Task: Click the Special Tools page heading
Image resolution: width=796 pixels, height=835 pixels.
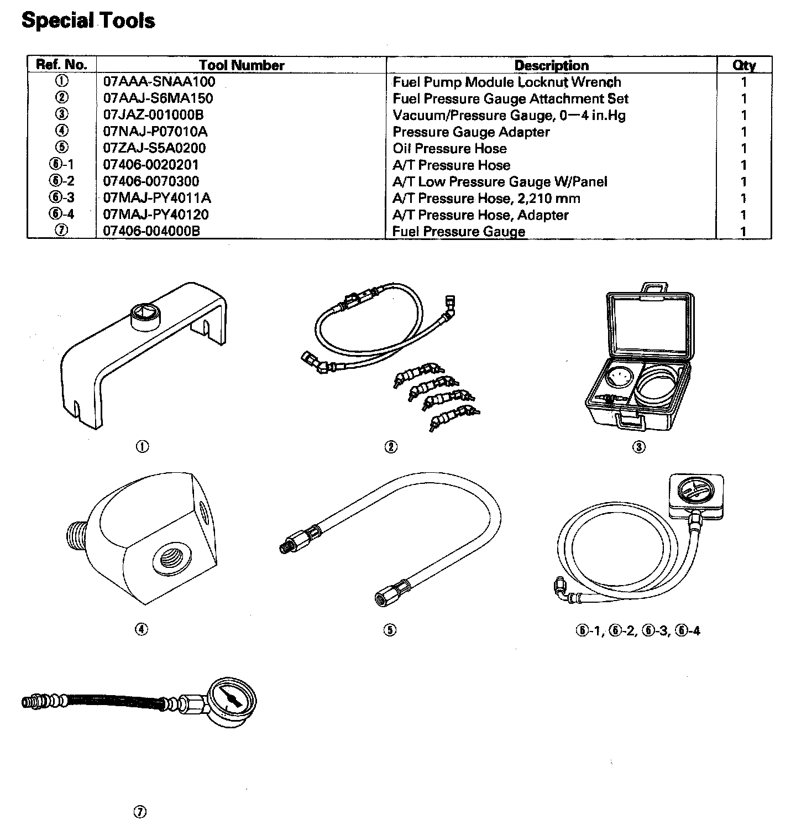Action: [88, 21]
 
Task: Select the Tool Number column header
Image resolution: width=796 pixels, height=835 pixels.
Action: [241, 65]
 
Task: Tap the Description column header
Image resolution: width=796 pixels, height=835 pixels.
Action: [551, 65]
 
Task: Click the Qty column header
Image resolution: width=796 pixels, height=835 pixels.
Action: [743, 65]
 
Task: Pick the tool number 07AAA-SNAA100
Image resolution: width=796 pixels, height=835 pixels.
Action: [159, 82]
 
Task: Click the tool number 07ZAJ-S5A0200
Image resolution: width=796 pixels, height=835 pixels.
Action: [154, 148]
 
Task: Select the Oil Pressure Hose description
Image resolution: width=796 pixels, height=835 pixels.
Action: [449, 148]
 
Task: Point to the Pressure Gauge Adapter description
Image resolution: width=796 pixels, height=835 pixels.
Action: [471, 132]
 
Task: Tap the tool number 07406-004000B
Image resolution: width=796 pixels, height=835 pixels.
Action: [151, 231]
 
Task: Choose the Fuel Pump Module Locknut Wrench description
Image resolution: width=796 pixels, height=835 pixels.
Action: [506, 82]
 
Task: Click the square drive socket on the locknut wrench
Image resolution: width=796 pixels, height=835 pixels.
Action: [145, 317]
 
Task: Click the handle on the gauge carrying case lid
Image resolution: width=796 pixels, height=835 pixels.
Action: [653, 289]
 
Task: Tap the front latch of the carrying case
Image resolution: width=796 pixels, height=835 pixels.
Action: [631, 422]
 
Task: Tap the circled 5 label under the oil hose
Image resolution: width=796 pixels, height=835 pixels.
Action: [390, 630]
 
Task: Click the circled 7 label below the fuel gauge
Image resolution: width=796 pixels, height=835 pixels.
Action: [140, 812]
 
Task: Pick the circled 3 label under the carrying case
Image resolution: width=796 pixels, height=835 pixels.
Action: [638, 447]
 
